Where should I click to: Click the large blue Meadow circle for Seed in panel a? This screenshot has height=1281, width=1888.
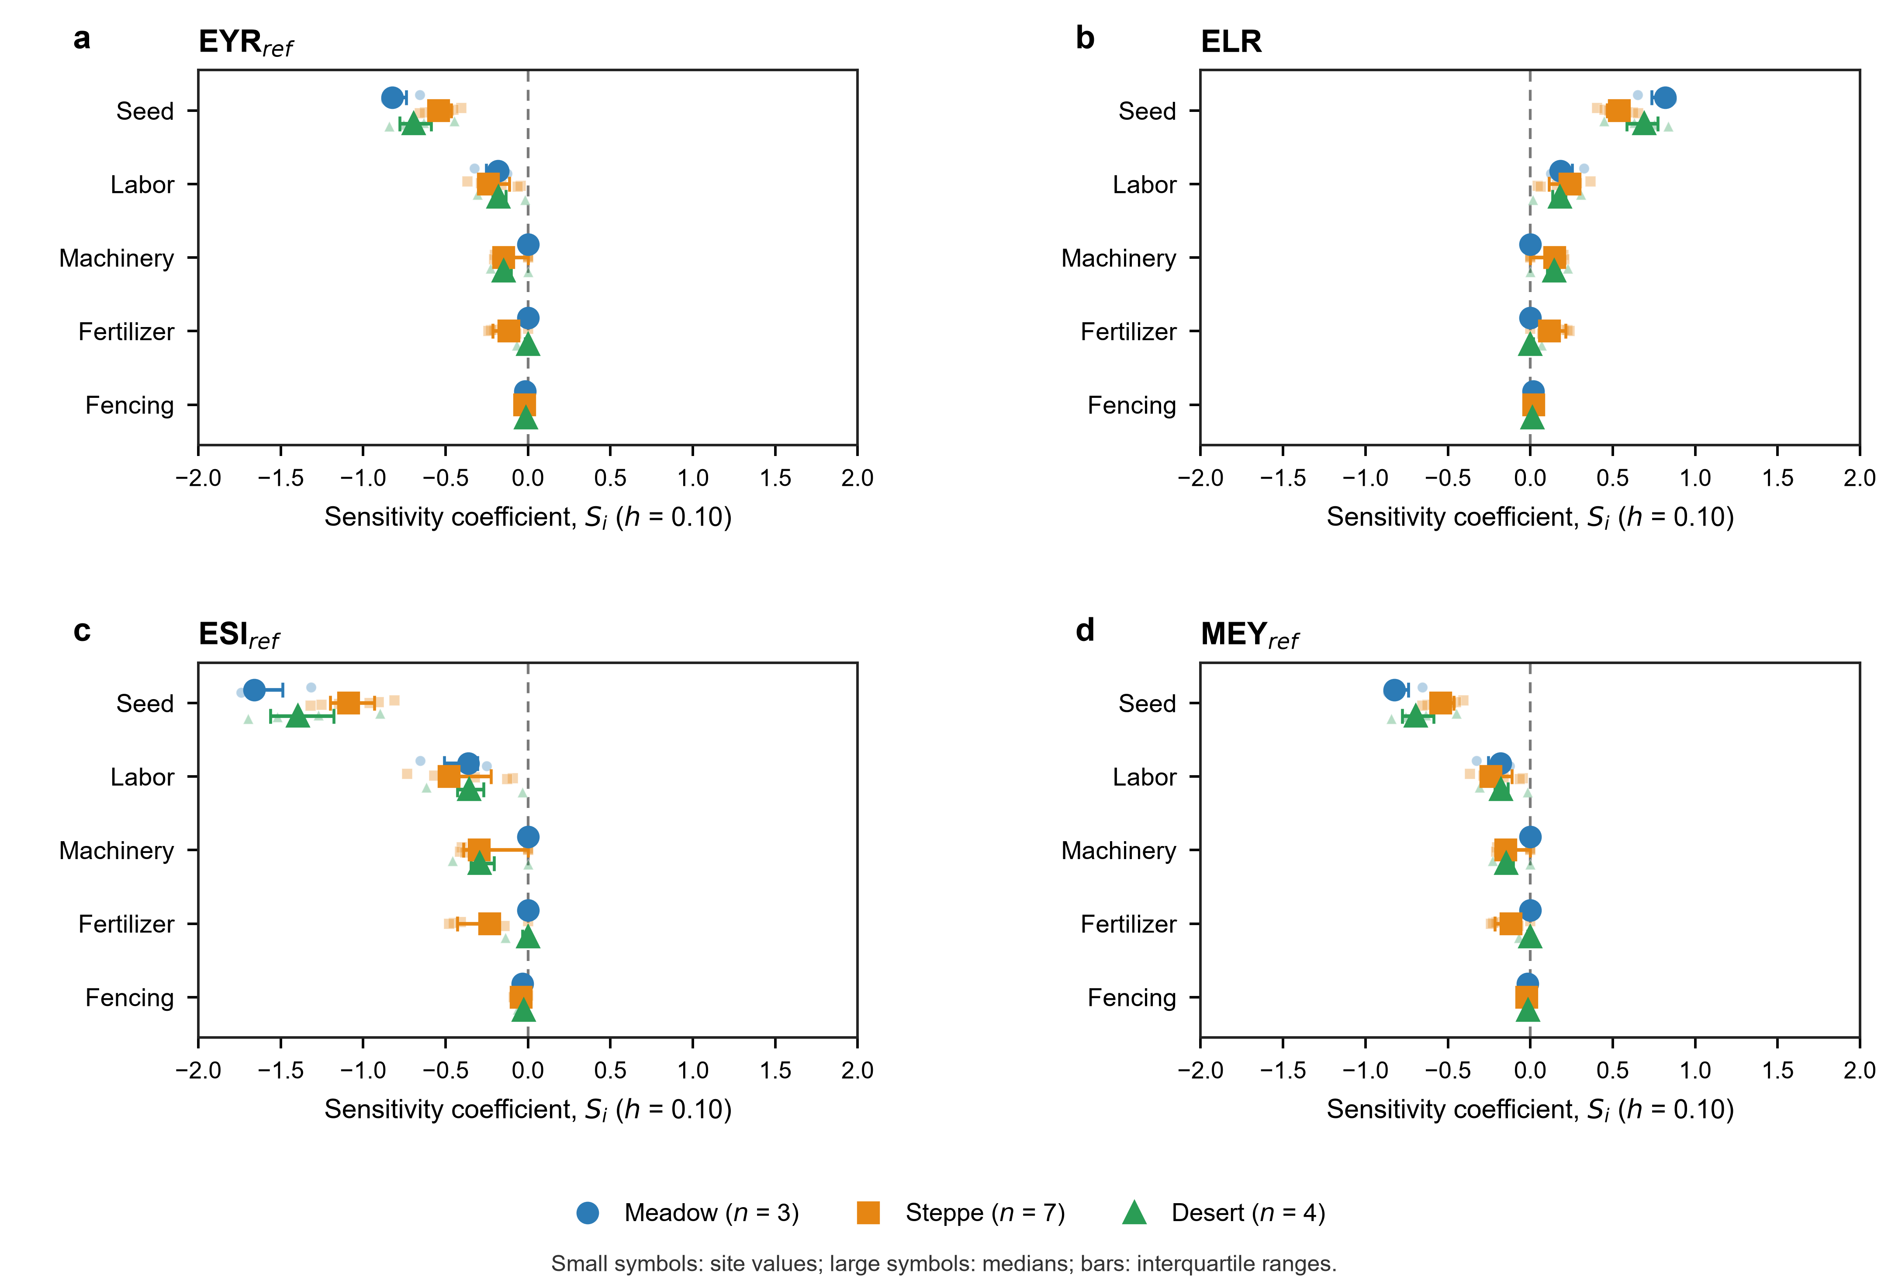click(392, 97)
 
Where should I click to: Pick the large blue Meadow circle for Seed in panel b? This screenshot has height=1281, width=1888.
click(1665, 97)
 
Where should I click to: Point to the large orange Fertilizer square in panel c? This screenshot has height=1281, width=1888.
click(489, 923)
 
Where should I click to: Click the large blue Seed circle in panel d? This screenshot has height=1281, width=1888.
click(1394, 690)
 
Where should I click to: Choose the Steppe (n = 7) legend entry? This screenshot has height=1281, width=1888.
click(961, 1213)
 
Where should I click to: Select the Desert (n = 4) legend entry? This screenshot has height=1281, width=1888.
click(1224, 1213)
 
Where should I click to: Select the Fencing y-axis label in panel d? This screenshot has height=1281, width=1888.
click(1132, 998)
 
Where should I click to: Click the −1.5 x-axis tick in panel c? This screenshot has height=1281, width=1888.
click(280, 1070)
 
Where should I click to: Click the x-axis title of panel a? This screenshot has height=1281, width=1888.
click(528, 517)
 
